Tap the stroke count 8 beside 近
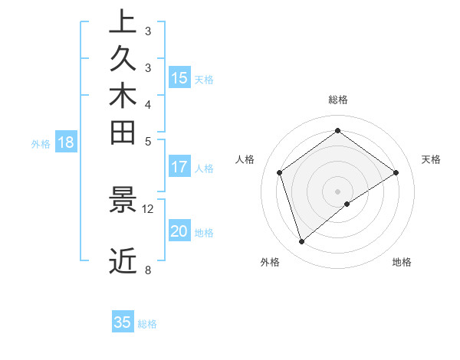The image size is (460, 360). tap(147, 270)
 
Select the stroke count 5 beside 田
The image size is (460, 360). tap(147, 141)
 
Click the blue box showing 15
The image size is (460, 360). tap(179, 78)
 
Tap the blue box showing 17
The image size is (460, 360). tap(179, 167)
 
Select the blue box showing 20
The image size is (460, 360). tap(179, 231)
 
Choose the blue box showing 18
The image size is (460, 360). tap(66, 142)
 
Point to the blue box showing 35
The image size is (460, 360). tap(123, 322)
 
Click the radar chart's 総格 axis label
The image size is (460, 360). tap(337, 100)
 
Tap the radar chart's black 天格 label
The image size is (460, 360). tap(431, 159)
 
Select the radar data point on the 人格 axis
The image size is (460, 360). tap(280, 172)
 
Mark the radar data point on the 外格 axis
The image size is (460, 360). tap(302, 242)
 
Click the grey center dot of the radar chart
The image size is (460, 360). tap(337, 191)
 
